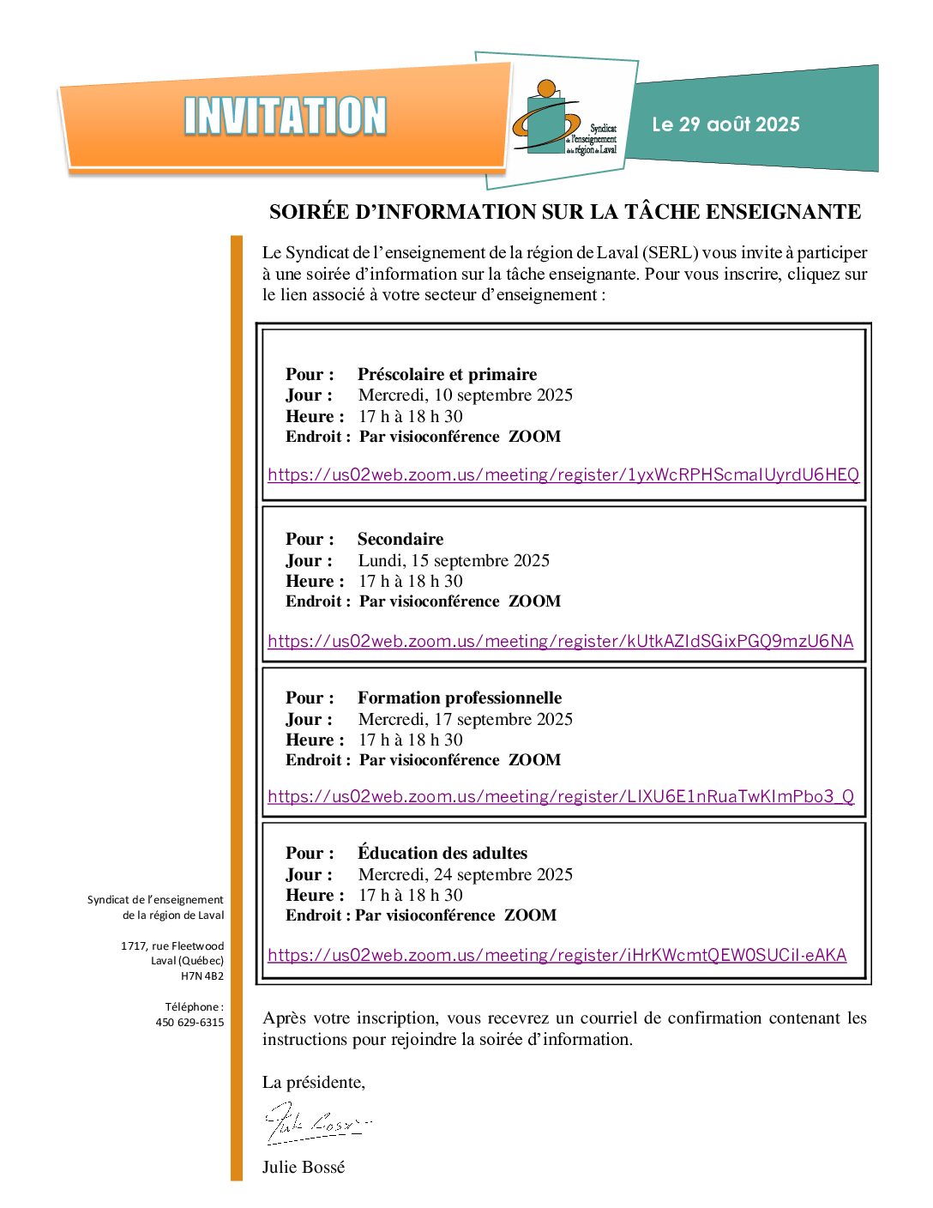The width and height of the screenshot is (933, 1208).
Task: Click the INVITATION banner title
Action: [x=286, y=117]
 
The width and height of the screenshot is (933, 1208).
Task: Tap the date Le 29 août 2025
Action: [x=725, y=124]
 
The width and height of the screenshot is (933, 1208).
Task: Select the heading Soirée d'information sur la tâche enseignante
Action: [x=565, y=212]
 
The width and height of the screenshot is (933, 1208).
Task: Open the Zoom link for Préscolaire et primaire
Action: [x=563, y=474]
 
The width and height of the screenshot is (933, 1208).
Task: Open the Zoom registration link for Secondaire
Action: [x=560, y=641]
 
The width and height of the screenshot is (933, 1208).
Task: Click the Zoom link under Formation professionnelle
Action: [x=561, y=796]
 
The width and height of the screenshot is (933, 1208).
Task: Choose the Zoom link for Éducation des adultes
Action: [x=557, y=955]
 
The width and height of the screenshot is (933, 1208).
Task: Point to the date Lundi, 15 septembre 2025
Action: [x=454, y=560]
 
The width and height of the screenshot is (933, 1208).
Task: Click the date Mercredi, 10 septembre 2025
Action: [x=465, y=395]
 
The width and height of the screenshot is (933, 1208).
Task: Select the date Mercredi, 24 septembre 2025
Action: [x=465, y=874]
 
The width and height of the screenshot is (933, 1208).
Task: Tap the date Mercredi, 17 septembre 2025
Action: [x=465, y=719]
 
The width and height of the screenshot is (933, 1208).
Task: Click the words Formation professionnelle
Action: [x=460, y=698]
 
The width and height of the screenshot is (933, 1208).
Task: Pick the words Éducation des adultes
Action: [x=442, y=853]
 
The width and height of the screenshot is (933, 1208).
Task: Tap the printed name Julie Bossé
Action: [x=304, y=1167]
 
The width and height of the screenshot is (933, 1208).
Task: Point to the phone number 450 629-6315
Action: [x=190, y=1023]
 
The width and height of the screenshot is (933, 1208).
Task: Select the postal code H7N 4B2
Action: [x=202, y=976]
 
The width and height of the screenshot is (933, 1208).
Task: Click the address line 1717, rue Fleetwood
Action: [x=172, y=946]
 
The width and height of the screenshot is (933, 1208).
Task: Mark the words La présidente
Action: [x=313, y=1082]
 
